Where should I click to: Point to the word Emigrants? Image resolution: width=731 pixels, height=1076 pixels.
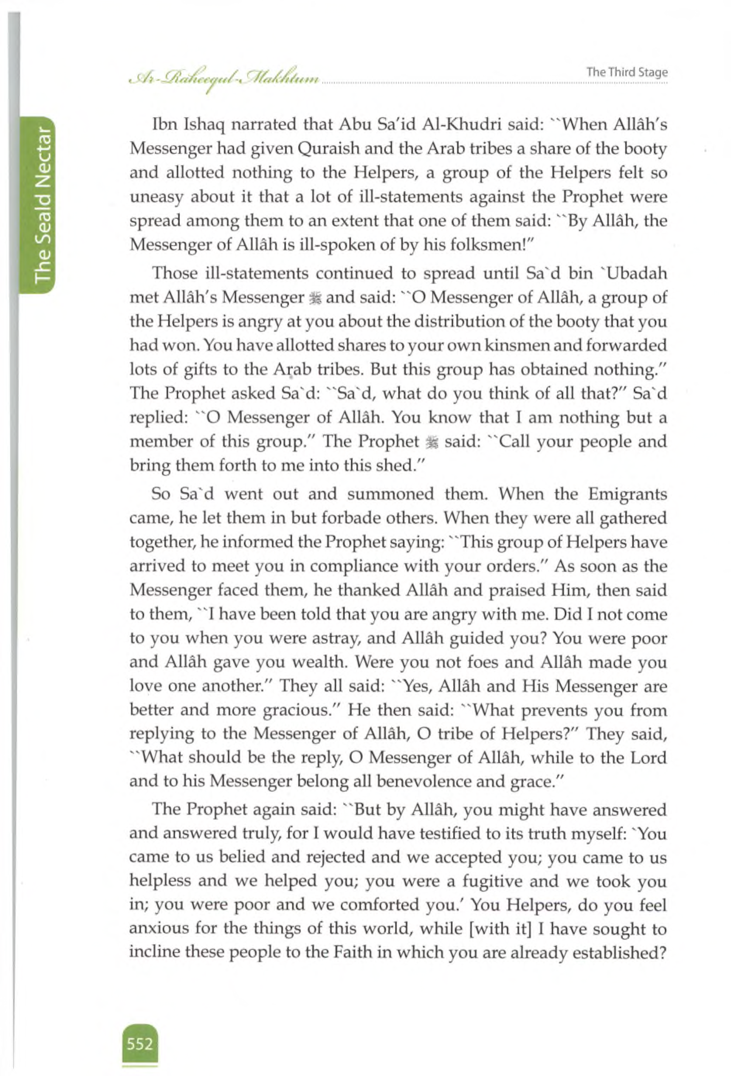[627, 493]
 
